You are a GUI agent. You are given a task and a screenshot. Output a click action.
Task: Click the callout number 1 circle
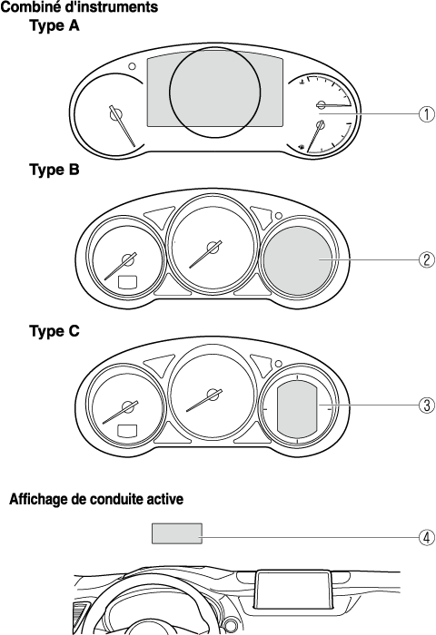click(426, 113)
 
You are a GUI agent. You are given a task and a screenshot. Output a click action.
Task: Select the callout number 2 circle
click(426, 259)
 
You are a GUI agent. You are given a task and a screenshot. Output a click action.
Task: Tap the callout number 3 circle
click(426, 405)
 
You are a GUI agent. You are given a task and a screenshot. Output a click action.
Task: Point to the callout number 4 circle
click(426, 537)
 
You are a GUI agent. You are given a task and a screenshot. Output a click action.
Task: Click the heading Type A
click(54, 26)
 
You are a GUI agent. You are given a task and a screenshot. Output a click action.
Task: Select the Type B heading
click(54, 170)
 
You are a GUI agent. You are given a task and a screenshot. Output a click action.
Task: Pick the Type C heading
click(54, 331)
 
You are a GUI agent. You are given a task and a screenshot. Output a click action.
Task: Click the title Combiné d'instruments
click(80, 7)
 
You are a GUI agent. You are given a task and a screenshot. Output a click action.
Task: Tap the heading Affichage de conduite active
click(96, 499)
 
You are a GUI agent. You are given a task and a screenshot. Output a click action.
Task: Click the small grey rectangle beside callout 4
click(177, 533)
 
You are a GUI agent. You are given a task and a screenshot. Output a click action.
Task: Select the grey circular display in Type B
click(298, 261)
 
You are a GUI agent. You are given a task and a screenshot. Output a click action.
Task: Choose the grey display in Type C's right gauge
click(297, 410)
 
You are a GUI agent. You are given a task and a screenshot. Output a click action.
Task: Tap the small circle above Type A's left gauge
click(132, 66)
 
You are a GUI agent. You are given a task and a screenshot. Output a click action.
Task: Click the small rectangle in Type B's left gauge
click(127, 282)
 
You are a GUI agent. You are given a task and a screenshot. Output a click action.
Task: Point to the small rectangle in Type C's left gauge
click(127, 431)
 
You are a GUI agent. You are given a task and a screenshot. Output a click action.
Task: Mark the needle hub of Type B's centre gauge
click(213, 248)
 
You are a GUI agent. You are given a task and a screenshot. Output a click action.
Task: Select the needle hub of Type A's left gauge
click(115, 114)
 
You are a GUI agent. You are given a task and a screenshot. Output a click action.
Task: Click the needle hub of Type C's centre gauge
click(213, 395)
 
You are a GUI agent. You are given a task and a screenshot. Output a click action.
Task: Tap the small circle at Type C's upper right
click(279, 363)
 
